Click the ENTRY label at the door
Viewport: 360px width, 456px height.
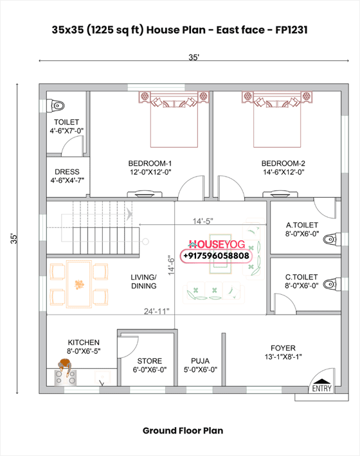coord(321,389)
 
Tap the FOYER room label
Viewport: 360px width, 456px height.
coord(283,352)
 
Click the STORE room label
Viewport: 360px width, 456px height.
coord(150,365)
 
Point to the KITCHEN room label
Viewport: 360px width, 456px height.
coord(84,347)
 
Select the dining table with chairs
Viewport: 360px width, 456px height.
coord(79,283)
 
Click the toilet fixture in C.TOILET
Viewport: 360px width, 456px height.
coord(330,283)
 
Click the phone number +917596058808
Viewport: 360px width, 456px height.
coord(216,256)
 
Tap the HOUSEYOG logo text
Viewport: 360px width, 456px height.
coord(216,245)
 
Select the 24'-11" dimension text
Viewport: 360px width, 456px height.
coord(156,311)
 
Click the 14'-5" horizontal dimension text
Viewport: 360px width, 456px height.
coord(203,220)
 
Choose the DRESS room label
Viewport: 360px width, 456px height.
coord(67,176)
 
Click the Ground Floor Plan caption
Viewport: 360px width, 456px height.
coord(183,430)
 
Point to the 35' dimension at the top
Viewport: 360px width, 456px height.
coord(194,58)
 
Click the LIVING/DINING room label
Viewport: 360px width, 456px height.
coord(143,281)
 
